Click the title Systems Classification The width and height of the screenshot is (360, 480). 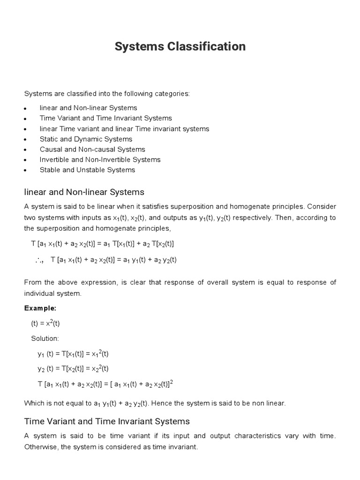[180, 46]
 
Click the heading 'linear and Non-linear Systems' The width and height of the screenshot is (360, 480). [84, 192]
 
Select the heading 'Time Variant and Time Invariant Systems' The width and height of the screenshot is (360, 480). [107, 421]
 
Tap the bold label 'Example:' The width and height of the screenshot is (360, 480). [40, 308]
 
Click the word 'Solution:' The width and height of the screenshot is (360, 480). [45, 338]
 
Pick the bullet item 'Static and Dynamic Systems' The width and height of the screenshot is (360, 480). [86, 139]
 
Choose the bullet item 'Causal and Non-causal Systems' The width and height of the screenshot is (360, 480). [92, 150]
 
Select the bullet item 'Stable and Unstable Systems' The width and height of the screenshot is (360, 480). [87, 170]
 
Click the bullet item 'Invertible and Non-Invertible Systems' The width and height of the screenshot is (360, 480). [100, 160]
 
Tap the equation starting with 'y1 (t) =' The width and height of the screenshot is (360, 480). [73, 353]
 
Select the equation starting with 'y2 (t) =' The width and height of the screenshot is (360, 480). [73, 368]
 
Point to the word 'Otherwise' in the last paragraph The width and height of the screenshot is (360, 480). [41, 447]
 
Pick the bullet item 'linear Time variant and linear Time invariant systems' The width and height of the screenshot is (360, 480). [124, 129]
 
